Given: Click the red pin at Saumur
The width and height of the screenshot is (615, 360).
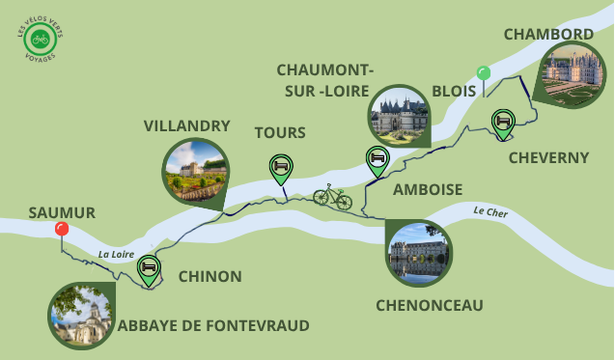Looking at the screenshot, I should click(62, 229).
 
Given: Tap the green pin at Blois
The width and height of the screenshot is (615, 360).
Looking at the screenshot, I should click(484, 73).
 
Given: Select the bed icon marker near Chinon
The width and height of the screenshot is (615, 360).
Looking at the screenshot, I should click(149, 267).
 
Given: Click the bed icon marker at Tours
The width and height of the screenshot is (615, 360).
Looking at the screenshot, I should click(280, 167).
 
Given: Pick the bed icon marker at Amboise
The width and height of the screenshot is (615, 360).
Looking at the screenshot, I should click(377, 158).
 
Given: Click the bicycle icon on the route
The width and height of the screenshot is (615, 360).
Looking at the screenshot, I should click(332, 197).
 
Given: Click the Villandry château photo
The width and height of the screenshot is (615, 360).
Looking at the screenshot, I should click(196, 171).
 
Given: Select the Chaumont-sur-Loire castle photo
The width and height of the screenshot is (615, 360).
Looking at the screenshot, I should click(399, 117).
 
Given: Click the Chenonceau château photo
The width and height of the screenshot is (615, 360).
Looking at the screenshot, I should click(418, 253).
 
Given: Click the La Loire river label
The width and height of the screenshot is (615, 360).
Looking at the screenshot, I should click(116, 255).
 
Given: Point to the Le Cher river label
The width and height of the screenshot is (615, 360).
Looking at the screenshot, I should click(490, 212).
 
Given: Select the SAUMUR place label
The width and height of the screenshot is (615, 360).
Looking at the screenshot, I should click(62, 211).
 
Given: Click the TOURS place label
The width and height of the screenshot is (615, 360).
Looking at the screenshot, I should click(279, 133).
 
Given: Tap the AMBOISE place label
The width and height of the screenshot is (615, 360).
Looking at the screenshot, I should click(428, 190).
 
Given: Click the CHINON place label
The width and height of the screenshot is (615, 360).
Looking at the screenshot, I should click(210, 277).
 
